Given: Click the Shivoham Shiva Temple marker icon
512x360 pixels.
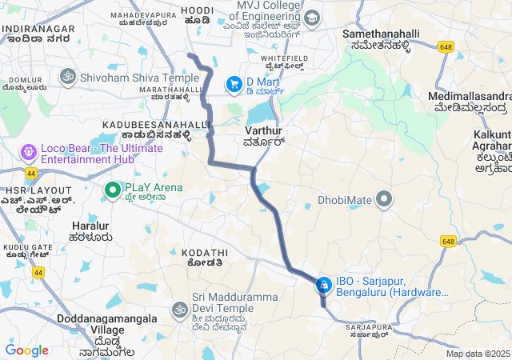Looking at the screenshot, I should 67,78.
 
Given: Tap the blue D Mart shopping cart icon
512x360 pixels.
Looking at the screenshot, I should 234,83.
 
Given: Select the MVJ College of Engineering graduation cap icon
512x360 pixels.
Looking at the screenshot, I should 311,18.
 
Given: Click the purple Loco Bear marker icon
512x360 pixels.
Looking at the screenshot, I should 30,150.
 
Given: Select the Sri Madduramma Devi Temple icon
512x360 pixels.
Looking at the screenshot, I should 179,309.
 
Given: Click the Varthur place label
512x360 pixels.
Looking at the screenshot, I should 264,129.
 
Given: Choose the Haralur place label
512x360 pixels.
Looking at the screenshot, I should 90,226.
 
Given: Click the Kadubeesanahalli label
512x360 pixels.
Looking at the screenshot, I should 156,125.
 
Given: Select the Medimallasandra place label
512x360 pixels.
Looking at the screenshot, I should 469,96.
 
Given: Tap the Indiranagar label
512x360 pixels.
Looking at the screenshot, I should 39,29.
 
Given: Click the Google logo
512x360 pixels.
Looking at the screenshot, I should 26,350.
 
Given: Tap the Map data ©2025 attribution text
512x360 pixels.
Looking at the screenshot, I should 478,354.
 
